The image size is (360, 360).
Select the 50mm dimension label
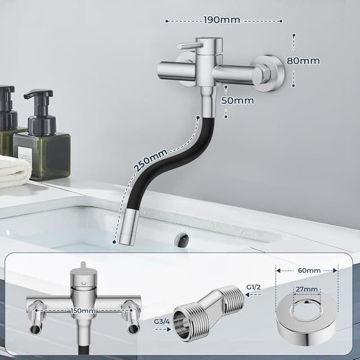point(237,101)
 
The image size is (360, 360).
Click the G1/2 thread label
point(254,287)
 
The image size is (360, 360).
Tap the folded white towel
point(14,172)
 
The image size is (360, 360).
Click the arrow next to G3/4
point(163,331)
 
